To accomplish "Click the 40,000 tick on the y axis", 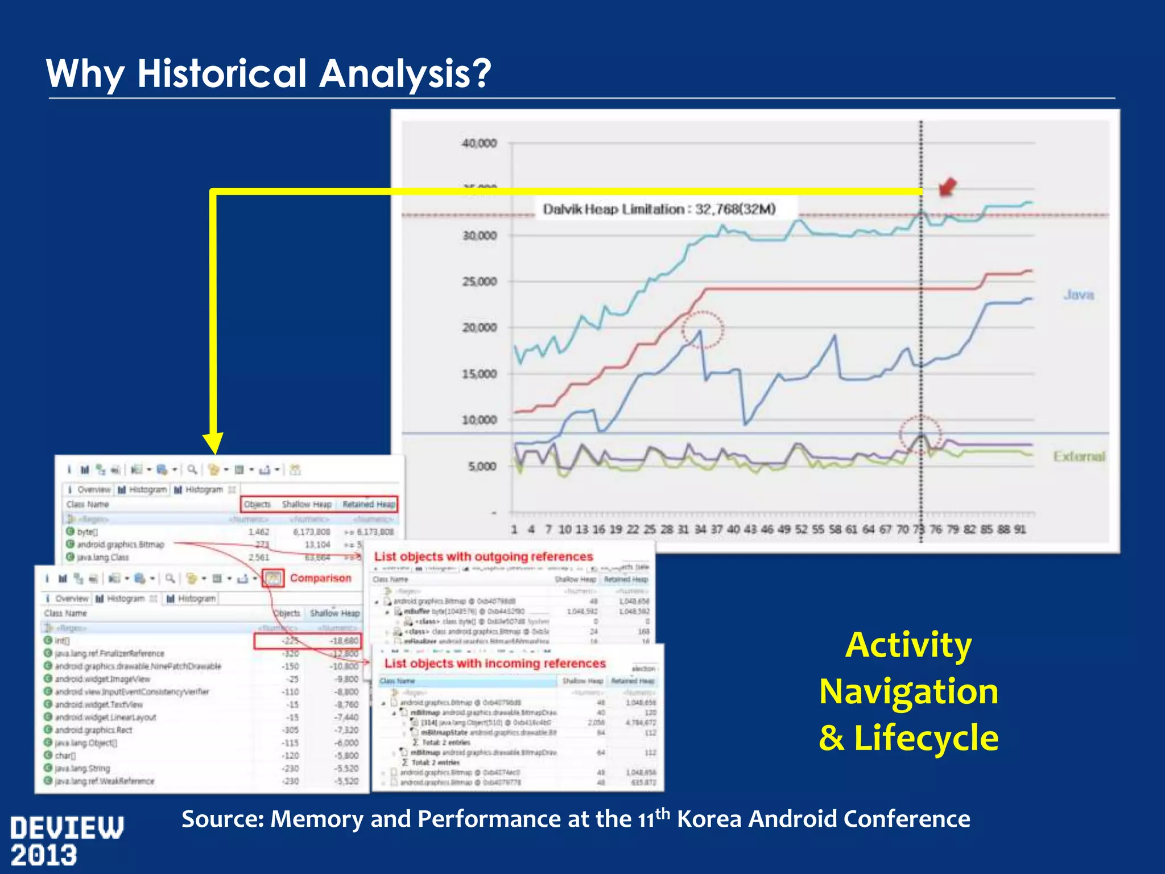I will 480,143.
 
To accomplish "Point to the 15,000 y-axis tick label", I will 480,374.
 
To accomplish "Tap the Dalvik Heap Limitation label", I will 659,209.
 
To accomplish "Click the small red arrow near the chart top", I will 947,187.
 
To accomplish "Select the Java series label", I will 1079,295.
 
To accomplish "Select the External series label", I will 1079,456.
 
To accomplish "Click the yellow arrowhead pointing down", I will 214,443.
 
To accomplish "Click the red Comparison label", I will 321,578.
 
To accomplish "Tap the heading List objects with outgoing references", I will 484,556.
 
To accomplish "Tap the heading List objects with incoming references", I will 495,663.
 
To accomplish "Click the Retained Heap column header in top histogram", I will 369,504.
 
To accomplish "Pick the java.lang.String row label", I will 82,768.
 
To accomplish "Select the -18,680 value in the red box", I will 345,641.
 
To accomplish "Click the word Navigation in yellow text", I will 908,691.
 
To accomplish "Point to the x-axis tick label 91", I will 1020,529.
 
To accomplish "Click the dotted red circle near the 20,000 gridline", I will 703,329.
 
